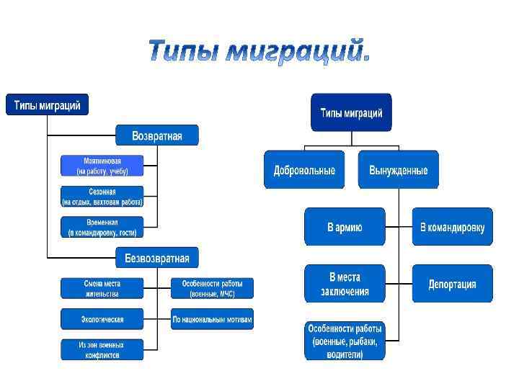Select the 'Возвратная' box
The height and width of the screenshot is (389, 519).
click(x=157, y=135)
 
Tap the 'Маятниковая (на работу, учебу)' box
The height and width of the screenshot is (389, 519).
click(x=102, y=166)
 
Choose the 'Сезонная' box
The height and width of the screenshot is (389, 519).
click(x=102, y=197)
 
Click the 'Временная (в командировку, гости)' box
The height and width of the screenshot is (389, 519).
click(x=102, y=228)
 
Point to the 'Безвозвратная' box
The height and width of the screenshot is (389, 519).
click(x=157, y=257)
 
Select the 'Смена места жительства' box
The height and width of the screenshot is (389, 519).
click(x=102, y=288)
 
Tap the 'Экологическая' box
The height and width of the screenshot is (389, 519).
click(x=102, y=319)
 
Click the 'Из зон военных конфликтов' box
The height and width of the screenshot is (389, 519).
click(x=102, y=349)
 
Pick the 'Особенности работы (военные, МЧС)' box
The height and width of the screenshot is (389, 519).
click(x=212, y=288)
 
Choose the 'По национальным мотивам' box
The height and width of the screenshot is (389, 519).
click(x=212, y=319)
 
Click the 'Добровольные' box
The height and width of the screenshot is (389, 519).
click(x=304, y=170)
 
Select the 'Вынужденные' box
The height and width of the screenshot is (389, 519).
click(x=398, y=170)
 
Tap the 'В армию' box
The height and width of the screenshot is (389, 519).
click(x=345, y=227)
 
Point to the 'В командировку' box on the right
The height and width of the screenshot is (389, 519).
click(x=452, y=227)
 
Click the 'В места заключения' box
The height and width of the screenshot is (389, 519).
click(x=345, y=283)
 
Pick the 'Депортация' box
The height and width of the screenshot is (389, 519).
click(x=452, y=283)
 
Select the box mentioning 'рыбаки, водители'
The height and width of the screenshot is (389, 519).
click(x=345, y=341)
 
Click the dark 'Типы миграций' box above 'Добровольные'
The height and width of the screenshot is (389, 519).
click(x=351, y=112)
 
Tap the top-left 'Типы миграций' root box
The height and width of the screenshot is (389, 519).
click(x=48, y=104)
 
